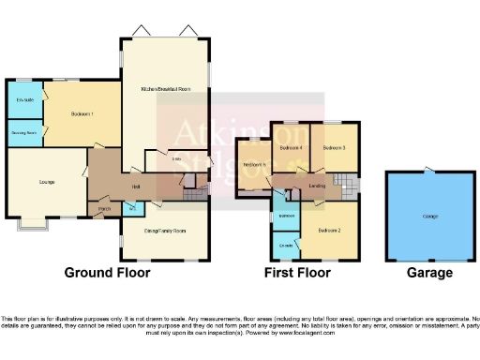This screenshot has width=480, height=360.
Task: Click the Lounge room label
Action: (45, 182)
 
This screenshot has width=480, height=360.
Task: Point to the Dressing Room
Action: (24, 132)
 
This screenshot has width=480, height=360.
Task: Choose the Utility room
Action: (176, 159)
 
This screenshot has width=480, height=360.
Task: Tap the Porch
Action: (105, 209)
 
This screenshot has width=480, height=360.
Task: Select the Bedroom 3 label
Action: (335, 147)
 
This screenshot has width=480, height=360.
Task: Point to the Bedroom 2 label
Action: (327, 230)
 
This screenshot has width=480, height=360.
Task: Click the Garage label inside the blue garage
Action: (430, 217)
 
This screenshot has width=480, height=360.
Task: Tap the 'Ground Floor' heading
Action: (107, 273)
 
